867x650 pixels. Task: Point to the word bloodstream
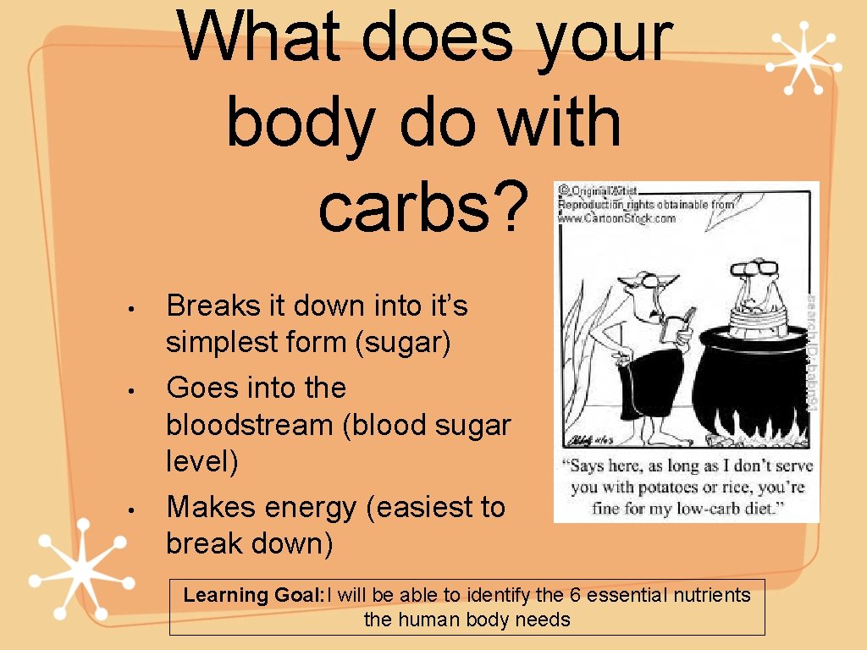251,424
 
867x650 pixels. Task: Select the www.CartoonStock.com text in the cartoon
616,218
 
